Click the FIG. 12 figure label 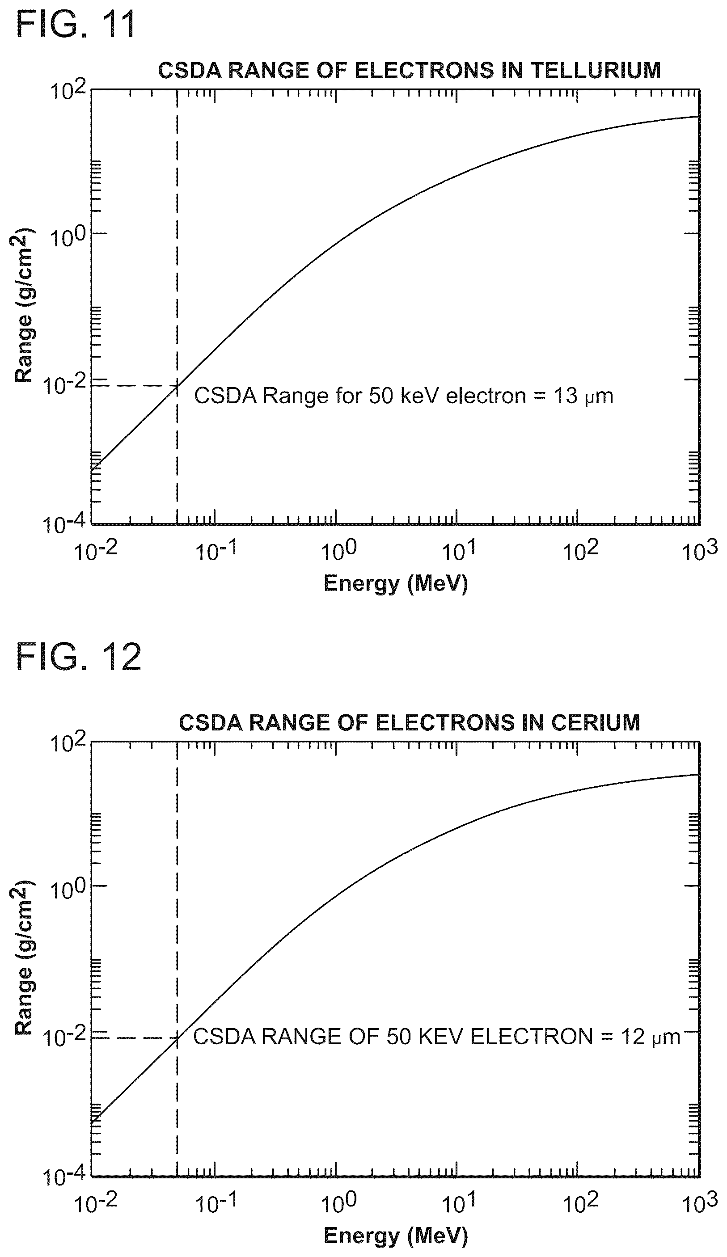click(x=79, y=657)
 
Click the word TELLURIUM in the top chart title click(x=596, y=70)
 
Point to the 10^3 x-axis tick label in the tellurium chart click(x=700, y=550)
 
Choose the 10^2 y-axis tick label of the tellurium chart click(x=68, y=91)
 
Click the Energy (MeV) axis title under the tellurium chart click(x=396, y=583)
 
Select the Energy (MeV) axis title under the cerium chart click(x=396, y=1236)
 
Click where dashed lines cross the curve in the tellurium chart click(x=177, y=386)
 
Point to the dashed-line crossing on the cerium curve click(x=177, y=1038)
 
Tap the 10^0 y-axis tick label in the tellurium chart click(x=68, y=236)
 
